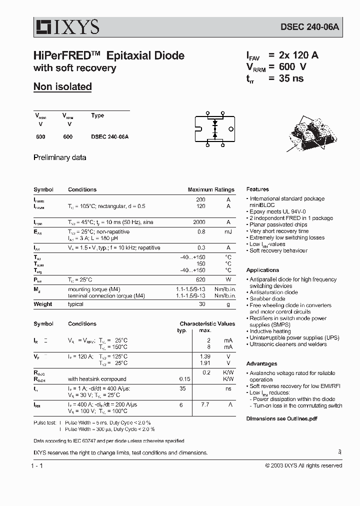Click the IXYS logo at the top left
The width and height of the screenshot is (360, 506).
coord(67,26)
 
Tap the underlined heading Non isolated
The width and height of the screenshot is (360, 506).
coord(62,86)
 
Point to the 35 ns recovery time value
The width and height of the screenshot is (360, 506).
coord(291,78)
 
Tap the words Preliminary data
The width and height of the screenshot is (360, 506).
coord(59,157)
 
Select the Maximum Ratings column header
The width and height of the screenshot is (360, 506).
coord(211,190)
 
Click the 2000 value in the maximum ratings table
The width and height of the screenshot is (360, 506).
coord(199,222)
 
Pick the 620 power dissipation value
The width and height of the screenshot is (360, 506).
coord(200,280)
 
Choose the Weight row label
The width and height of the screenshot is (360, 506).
coord(43,304)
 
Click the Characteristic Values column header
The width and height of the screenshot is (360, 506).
coord(207,324)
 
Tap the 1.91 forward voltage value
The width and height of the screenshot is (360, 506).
coord(204,363)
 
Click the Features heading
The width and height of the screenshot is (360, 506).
coord(257,189)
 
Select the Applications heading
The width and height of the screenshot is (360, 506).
coord(262,270)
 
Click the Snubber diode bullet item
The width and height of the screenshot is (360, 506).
coord(267,299)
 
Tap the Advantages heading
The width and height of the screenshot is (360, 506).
coord(261,364)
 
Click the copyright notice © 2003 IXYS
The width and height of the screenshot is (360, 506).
coord(303,465)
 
